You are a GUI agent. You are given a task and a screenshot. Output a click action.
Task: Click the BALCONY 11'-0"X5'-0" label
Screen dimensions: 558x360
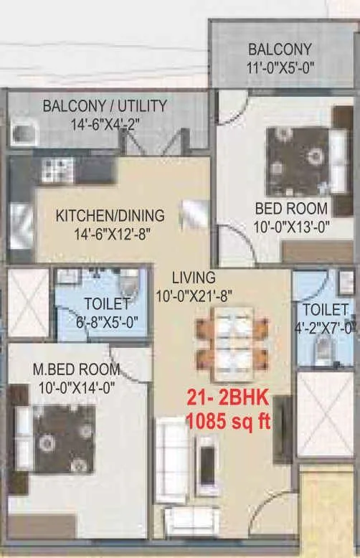coord(280,59)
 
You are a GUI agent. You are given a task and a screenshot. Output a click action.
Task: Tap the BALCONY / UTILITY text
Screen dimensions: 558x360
coord(105,106)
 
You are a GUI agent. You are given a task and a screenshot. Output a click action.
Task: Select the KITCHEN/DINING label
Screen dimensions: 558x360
coord(110,215)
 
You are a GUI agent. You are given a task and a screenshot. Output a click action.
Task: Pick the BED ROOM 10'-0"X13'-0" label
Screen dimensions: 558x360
coord(292,209)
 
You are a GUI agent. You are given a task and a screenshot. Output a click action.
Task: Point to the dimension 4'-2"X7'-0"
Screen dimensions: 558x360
coord(328,328)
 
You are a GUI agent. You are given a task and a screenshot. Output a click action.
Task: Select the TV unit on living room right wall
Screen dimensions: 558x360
coord(285,428)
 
